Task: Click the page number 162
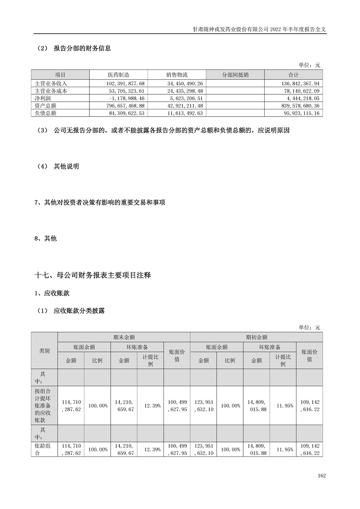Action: pos(322,475)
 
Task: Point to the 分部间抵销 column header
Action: pos(235,75)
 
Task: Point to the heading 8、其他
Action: pos(46,239)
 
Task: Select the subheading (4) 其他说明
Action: pos(59,166)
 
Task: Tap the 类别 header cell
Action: pos(44,351)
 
